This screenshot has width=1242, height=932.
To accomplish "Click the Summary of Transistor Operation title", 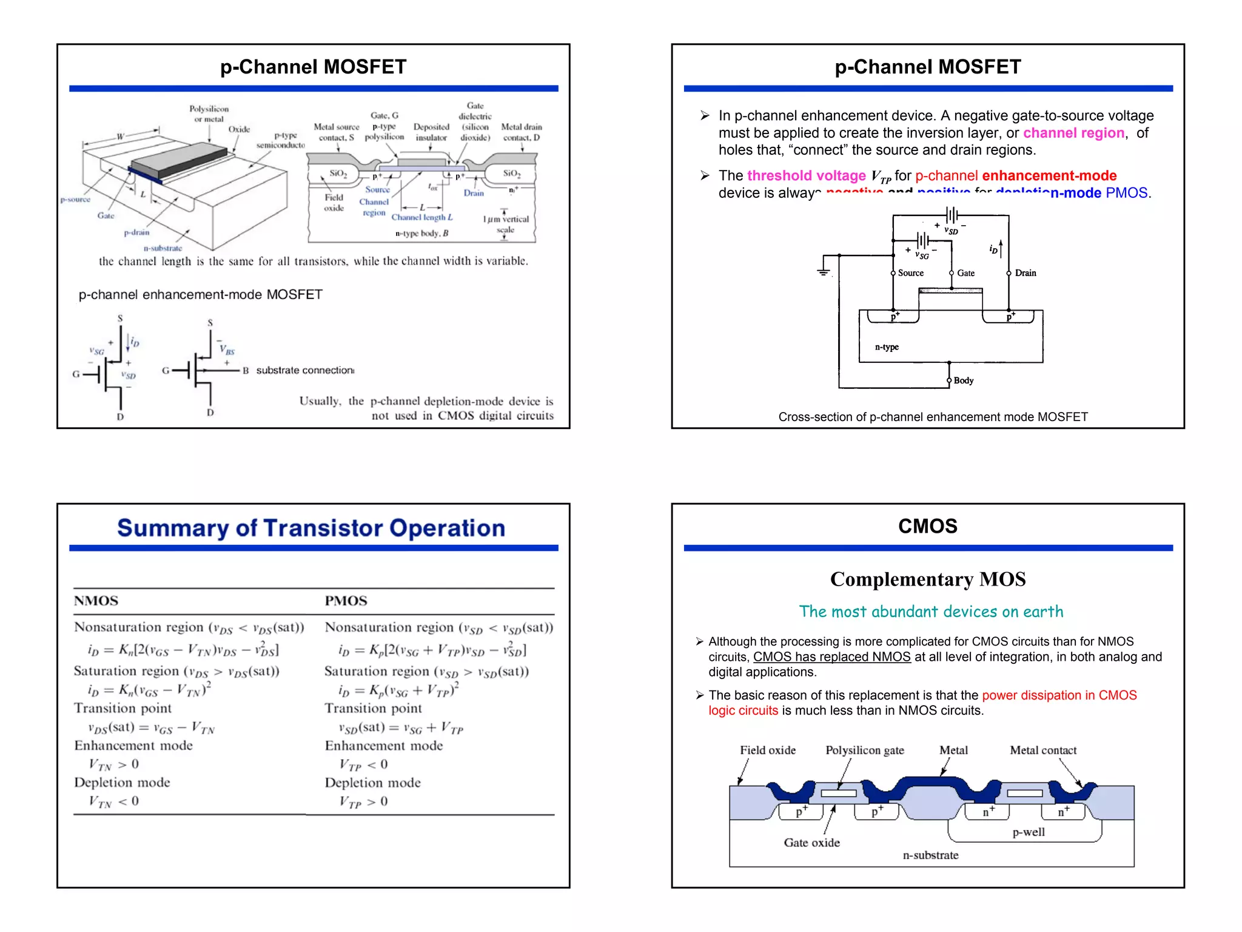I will pyautogui.click(x=310, y=528).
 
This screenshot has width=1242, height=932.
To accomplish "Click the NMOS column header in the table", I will pyautogui.click(x=96, y=601).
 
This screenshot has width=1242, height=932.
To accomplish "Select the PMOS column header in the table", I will pyautogui.click(x=346, y=601).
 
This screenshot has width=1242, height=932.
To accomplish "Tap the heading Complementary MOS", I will pyautogui.click(x=927, y=579).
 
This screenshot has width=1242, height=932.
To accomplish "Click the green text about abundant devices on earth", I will pyautogui.click(x=931, y=612).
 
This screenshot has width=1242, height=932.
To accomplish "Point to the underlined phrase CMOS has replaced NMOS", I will pyautogui.click(x=831, y=657).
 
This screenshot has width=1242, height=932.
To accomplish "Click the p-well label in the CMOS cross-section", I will pyautogui.click(x=1029, y=832).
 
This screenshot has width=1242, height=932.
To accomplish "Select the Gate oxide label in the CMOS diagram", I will pyautogui.click(x=811, y=843).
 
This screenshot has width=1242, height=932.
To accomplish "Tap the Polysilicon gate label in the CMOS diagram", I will pyautogui.click(x=864, y=751).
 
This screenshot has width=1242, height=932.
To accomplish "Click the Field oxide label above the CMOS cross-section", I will pyautogui.click(x=767, y=751).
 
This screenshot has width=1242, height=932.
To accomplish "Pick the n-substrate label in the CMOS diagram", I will pyautogui.click(x=930, y=856).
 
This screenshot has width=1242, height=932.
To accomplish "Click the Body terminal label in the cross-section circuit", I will pyautogui.click(x=964, y=381).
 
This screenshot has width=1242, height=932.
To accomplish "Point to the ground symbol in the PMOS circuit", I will pyautogui.click(x=823, y=271).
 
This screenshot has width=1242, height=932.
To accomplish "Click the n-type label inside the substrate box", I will pyautogui.click(x=887, y=347).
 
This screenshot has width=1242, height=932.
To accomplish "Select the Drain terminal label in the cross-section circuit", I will pyautogui.click(x=1025, y=273).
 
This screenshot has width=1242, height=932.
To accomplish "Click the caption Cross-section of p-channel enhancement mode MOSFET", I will pyautogui.click(x=933, y=417).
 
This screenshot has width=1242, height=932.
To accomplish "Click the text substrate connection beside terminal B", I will pyautogui.click(x=305, y=370).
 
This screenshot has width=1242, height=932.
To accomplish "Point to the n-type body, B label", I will pyautogui.click(x=421, y=233).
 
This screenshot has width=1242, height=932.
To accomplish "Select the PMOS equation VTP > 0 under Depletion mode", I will pyautogui.click(x=364, y=802).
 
